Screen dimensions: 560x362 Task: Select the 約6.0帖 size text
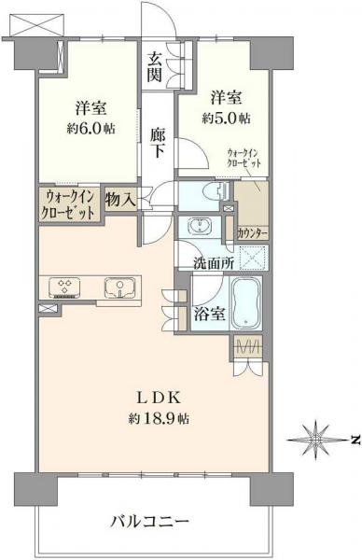click(x=90, y=127)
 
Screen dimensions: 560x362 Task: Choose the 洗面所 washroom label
click(x=213, y=262)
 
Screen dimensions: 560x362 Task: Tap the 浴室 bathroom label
click(x=208, y=315)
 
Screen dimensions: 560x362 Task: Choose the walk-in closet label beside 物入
click(x=68, y=204)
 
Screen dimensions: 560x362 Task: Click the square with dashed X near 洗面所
click(x=253, y=256)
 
